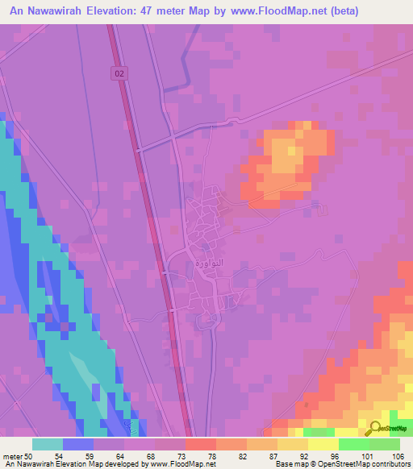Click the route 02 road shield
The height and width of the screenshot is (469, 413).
click(119, 73)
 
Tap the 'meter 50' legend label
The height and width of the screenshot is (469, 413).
click(17, 456)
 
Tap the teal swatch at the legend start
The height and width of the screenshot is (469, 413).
click(48, 444)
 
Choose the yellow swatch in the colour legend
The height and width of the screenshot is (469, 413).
click(292, 444)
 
